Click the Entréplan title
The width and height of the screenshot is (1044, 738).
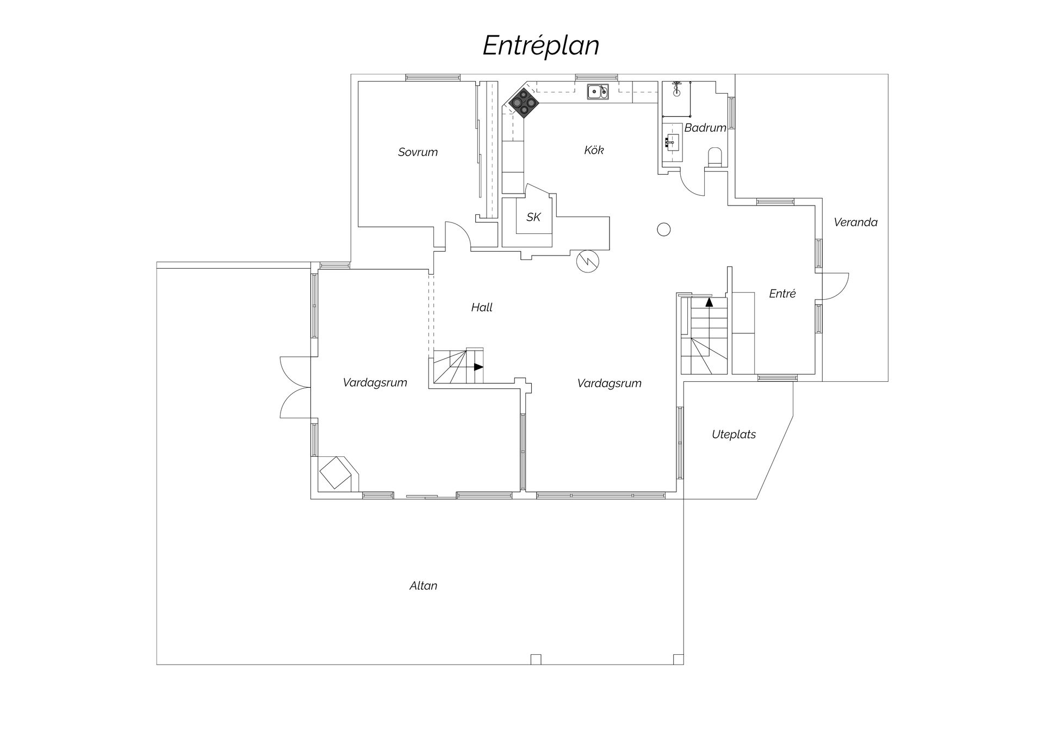click(x=540, y=46)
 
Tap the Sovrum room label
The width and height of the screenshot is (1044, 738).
click(x=418, y=152)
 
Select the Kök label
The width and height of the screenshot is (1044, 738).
click(x=594, y=150)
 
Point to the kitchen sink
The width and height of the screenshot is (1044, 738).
click(x=597, y=91)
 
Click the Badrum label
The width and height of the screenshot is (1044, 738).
click(x=705, y=128)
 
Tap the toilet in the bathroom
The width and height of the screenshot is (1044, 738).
click(x=715, y=156)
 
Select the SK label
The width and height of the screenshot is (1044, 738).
click(x=533, y=217)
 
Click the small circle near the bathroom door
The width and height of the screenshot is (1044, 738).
click(x=663, y=230)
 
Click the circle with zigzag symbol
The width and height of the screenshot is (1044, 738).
click(x=587, y=262)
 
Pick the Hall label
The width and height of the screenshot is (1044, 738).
click(x=482, y=308)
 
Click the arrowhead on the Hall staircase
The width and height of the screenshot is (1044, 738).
click(x=478, y=367)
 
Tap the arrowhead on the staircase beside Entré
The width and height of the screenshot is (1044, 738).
click(x=709, y=302)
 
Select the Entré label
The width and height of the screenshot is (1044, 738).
click(x=782, y=294)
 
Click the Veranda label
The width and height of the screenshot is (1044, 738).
click(x=855, y=222)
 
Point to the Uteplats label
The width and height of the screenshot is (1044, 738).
click(x=734, y=435)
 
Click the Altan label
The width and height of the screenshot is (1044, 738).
click(x=423, y=586)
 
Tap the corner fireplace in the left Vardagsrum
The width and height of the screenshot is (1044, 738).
click(x=335, y=473)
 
